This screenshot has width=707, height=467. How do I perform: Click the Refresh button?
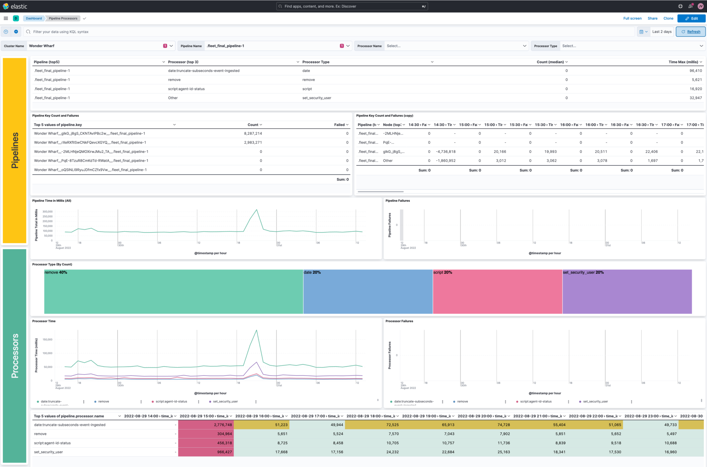[690, 32]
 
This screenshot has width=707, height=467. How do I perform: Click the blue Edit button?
[691, 19]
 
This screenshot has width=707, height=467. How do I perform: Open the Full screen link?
[632, 19]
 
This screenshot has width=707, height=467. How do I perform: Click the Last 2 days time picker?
[661, 32]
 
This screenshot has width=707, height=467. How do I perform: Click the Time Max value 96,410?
[695, 71]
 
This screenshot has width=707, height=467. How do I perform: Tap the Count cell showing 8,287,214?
[253, 134]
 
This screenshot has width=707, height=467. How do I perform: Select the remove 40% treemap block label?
[56, 273]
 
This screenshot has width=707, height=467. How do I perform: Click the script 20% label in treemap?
[443, 273]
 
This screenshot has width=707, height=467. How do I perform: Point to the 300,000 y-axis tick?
[48, 212]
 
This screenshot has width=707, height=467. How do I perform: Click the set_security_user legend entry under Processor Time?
[225, 402]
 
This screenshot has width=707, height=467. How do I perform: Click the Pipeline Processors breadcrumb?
[63, 19]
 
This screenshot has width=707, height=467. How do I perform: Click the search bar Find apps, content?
[352, 6]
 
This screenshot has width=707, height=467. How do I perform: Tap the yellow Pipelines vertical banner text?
[14, 150]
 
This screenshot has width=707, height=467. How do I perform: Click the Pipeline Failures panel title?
[397, 201]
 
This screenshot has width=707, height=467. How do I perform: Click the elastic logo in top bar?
[15, 6]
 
